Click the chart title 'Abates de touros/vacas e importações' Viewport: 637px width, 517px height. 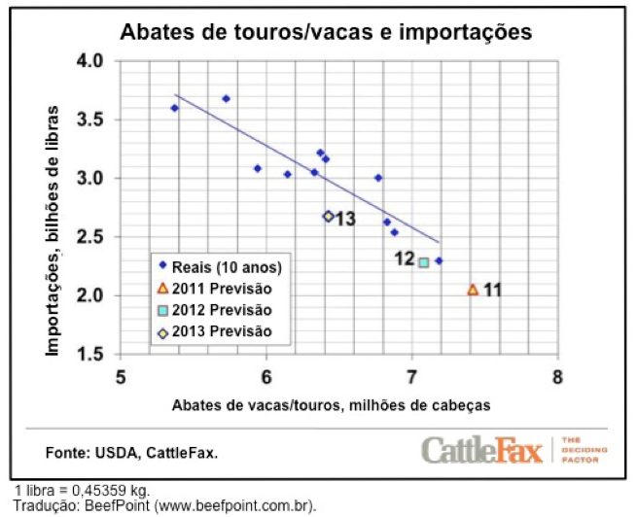(325, 31)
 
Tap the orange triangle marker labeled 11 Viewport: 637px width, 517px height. (473, 290)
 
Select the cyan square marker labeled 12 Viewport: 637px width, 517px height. (424, 261)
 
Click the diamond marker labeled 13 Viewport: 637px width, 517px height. (328, 217)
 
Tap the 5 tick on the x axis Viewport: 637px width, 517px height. (121, 375)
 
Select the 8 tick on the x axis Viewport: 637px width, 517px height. (558, 375)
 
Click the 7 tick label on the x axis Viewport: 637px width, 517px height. (412, 375)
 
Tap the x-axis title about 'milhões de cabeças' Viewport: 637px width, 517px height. (332, 403)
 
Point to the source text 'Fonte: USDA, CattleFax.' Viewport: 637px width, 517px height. (132, 453)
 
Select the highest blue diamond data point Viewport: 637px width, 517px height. (226, 98)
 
